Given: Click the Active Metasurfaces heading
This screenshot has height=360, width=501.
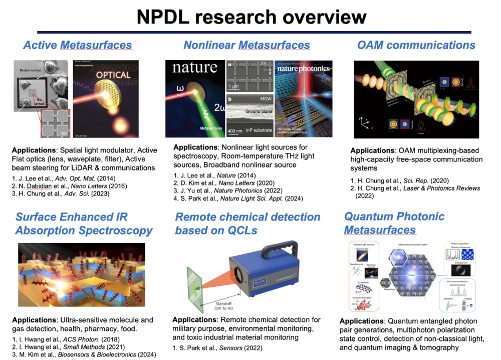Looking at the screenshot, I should tap(78, 45).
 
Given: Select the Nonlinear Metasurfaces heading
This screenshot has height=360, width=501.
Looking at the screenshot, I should tap(246, 45).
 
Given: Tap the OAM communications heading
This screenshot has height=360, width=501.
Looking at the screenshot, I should tap(416, 45).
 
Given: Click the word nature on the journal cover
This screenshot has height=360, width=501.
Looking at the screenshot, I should tap(195, 67).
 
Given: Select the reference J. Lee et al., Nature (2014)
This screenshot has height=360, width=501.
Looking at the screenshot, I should tap(215, 175).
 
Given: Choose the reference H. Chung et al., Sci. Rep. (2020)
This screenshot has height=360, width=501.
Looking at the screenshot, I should tap(396, 180).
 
